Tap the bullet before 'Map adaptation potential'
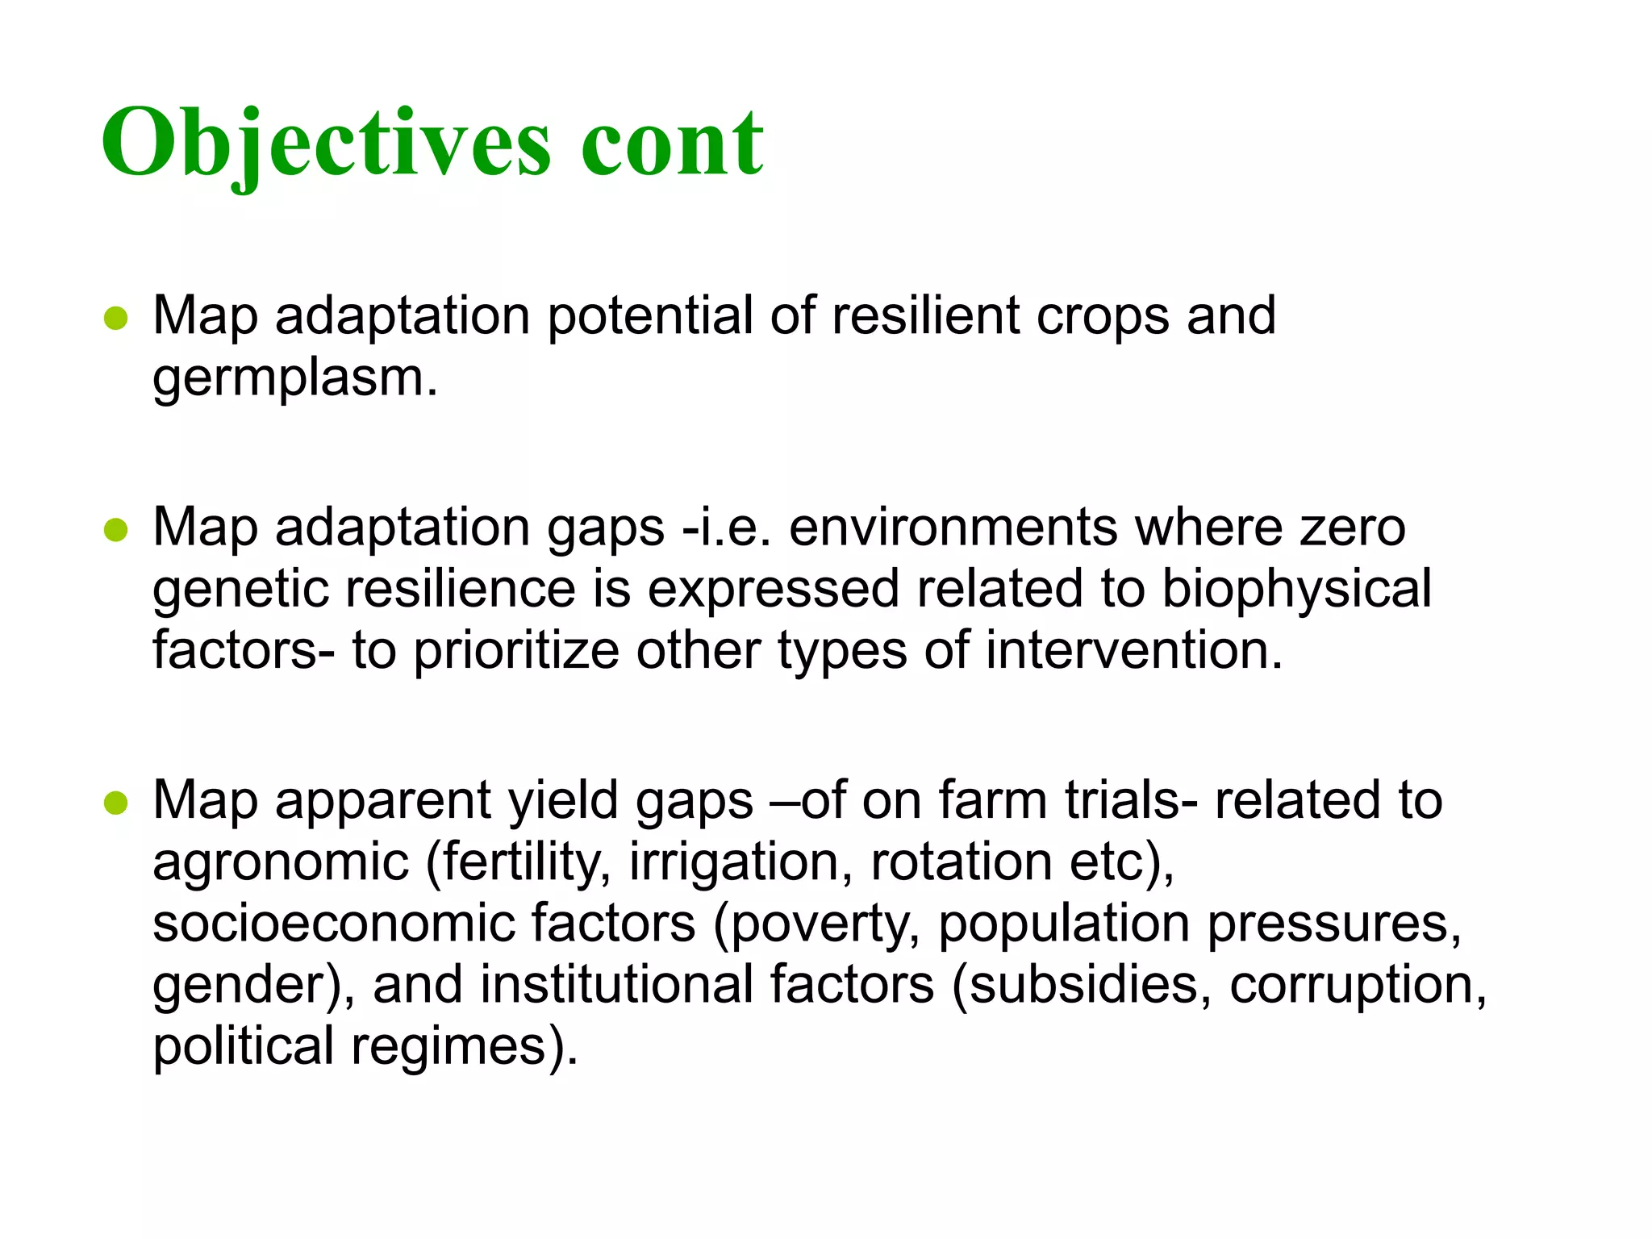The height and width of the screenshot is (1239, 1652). [x=116, y=318]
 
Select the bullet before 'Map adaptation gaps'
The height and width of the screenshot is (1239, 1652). [x=116, y=530]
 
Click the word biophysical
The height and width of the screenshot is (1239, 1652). [x=1296, y=589]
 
